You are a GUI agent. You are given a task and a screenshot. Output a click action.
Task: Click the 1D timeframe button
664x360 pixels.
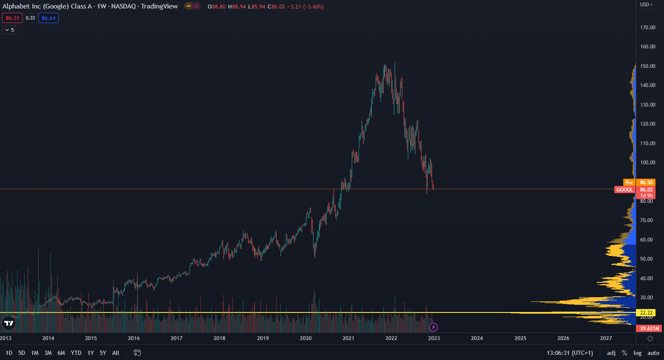[x=9, y=353]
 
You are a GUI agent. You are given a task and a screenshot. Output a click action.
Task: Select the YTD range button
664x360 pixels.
[x=76, y=353]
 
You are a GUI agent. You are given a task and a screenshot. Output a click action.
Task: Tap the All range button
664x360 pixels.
[x=116, y=353]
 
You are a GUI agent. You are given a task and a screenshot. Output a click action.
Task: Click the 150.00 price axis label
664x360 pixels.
[x=648, y=66]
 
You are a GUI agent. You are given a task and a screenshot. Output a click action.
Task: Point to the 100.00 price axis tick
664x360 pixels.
[x=648, y=163]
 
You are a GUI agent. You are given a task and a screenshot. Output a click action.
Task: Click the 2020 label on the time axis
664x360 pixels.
[x=305, y=338]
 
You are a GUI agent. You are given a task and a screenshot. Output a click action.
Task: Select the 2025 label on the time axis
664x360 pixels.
[x=520, y=338]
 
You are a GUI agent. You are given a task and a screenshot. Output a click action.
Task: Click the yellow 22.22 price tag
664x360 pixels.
[x=646, y=313]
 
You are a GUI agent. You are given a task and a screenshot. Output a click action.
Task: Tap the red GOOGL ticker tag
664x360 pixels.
[x=624, y=190]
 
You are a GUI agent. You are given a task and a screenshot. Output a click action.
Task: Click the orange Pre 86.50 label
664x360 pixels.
[x=639, y=183]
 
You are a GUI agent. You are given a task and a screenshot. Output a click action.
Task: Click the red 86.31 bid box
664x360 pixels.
[x=12, y=18]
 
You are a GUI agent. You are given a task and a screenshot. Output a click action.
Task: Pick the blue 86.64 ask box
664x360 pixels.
[x=48, y=18]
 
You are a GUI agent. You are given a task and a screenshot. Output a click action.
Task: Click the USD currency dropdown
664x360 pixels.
[x=646, y=5]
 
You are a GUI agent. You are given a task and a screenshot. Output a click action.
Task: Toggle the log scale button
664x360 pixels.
[x=637, y=353]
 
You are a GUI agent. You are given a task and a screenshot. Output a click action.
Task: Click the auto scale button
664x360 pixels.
[x=653, y=353]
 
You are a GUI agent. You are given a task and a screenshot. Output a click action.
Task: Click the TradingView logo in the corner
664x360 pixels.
[x=8, y=323]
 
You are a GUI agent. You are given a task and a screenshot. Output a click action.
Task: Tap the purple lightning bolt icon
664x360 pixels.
[x=433, y=327]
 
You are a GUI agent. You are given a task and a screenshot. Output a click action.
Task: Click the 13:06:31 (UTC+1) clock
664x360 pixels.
[x=570, y=353]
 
